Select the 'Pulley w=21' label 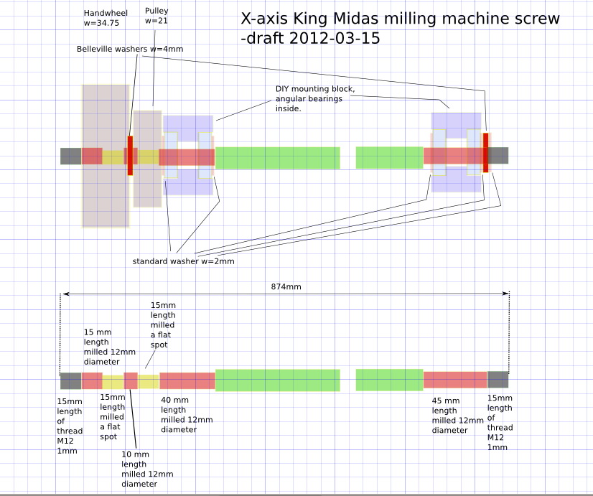point(157,16)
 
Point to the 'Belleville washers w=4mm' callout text point(130,49)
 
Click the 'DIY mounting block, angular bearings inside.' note point(315,98)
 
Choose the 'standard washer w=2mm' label point(183,261)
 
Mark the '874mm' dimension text point(286,286)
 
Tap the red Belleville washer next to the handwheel point(130,155)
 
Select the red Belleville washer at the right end point(486,152)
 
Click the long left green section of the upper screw point(277,158)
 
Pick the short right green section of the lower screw point(389,380)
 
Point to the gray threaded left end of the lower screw point(70,380)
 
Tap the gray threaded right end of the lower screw point(498,380)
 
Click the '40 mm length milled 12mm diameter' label point(187,415)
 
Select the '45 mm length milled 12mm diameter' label point(457,416)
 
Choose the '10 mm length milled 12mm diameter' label point(147,469)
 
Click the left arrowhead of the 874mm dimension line point(65,294)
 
